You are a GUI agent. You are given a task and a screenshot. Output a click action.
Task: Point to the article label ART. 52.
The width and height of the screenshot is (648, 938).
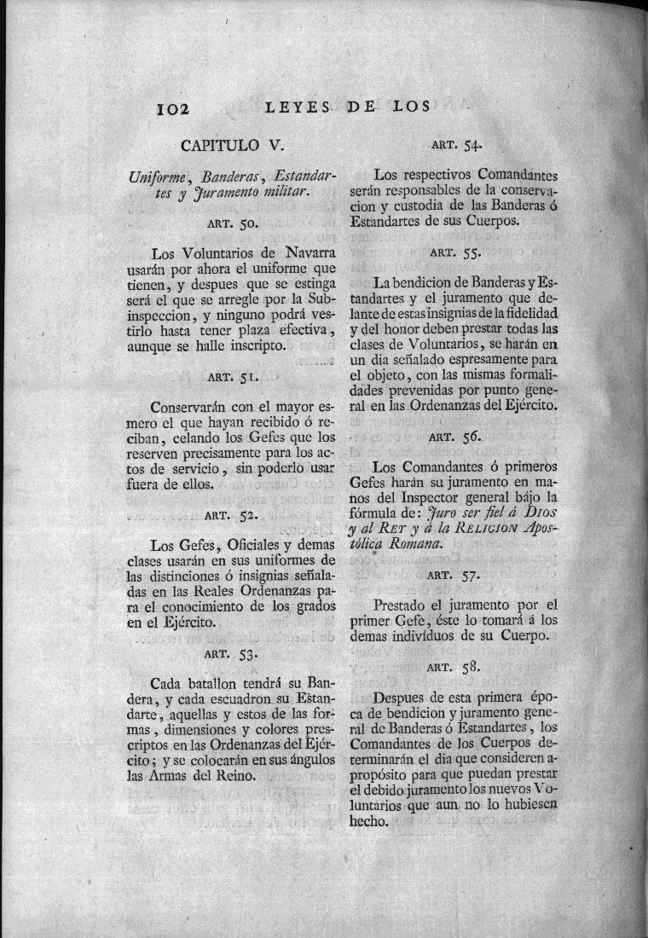(231, 515)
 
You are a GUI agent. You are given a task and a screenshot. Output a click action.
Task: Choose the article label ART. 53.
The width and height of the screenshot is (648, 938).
(231, 655)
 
